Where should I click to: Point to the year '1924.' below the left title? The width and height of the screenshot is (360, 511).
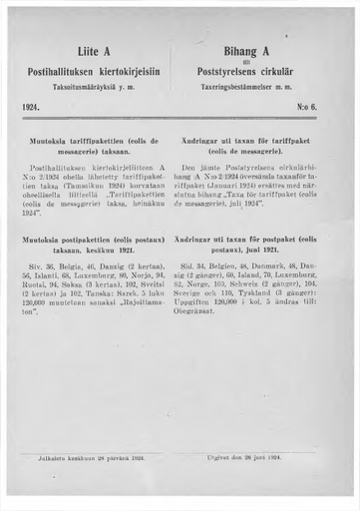tap(31, 105)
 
